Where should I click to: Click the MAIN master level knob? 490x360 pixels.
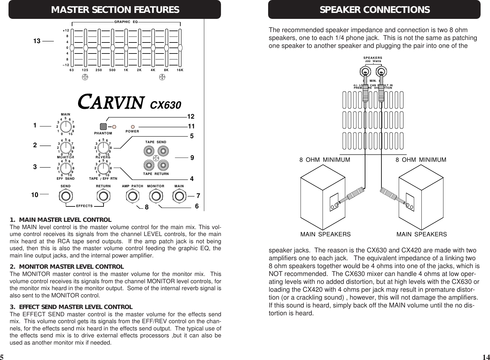pyautogui.click(x=65, y=127)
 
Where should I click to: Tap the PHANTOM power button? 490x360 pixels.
pyautogui.click(x=103, y=127)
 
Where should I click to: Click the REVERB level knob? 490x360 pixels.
pyautogui.click(x=103, y=147)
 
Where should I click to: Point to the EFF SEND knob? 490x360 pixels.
pyautogui.click(x=65, y=168)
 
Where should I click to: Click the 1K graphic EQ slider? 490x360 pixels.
pyautogui.click(x=126, y=48)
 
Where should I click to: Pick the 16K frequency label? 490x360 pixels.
pyautogui.click(x=180, y=70)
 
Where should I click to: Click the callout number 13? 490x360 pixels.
pyautogui.click(x=37, y=41)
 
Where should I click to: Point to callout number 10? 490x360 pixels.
pyautogui.click(x=34, y=195)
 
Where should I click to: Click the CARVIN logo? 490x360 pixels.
pyautogui.click(x=111, y=102)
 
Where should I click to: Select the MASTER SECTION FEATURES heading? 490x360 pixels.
pyautogui.click(x=115, y=10)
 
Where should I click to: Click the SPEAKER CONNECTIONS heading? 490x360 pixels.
pyautogui.click(x=375, y=10)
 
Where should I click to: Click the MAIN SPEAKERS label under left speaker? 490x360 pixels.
pyautogui.click(x=325, y=234)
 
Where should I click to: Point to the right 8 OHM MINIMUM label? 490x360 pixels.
pyautogui.click(x=421, y=160)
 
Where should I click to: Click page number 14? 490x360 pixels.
pyautogui.click(x=485, y=357)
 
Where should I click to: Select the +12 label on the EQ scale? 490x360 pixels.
pyautogui.click(x=66, y=31)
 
